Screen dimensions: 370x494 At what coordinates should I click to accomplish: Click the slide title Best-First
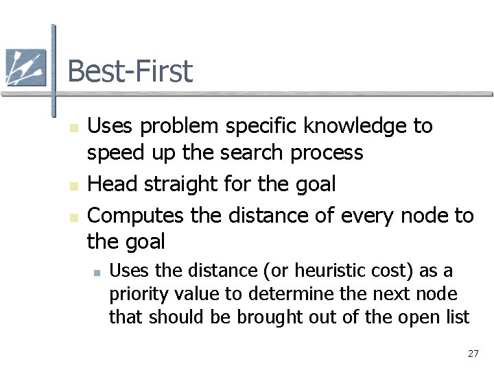(x=130, y=71)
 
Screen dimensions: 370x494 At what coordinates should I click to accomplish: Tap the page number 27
(x=473, y=354)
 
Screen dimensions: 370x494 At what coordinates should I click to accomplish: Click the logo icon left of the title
(x=25, y=68)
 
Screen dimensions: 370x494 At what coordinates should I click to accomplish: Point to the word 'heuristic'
(x=304, y=271)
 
